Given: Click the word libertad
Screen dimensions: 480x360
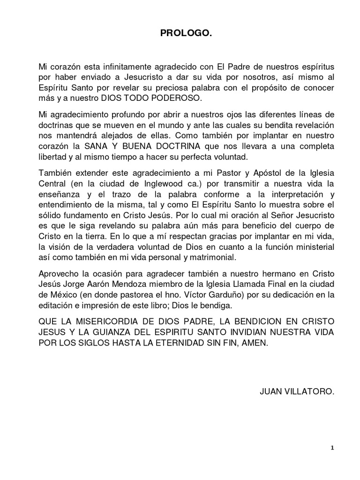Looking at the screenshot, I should (x=53, y=157).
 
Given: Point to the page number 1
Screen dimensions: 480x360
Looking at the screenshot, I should (x=332, y=448).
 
